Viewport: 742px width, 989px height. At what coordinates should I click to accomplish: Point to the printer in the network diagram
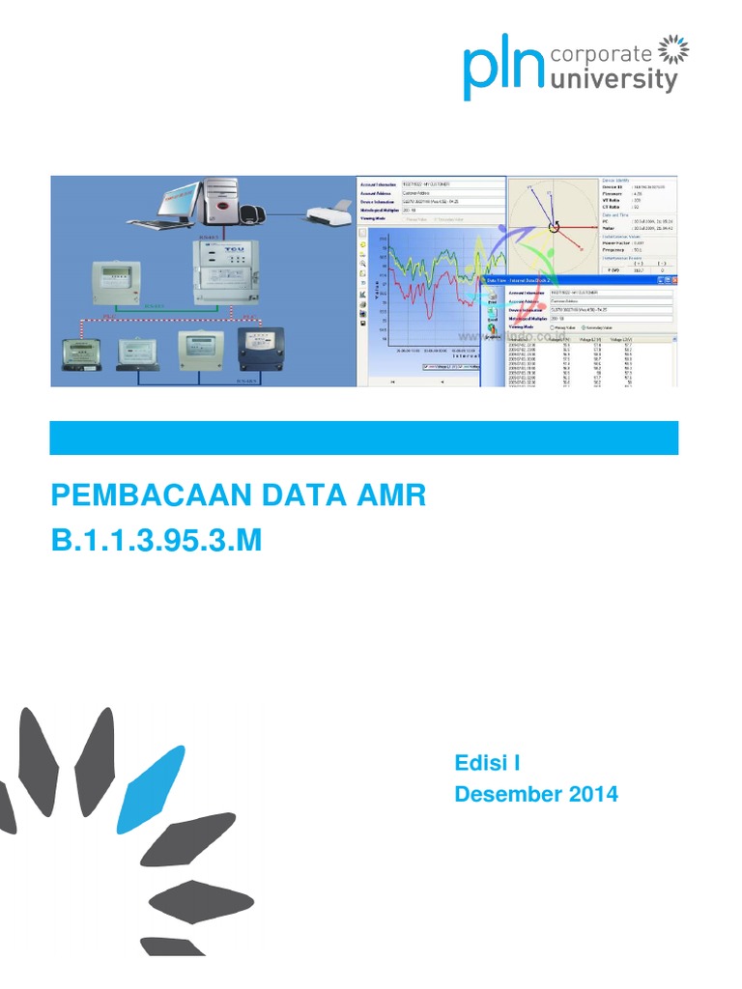pyautogui.click(x=328, y=215)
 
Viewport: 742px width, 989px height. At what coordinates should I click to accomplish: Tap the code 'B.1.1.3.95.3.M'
pyautogui.click(x=156, y=542)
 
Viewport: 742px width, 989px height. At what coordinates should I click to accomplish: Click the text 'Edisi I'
pyautogui.click(x=488, y=764)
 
